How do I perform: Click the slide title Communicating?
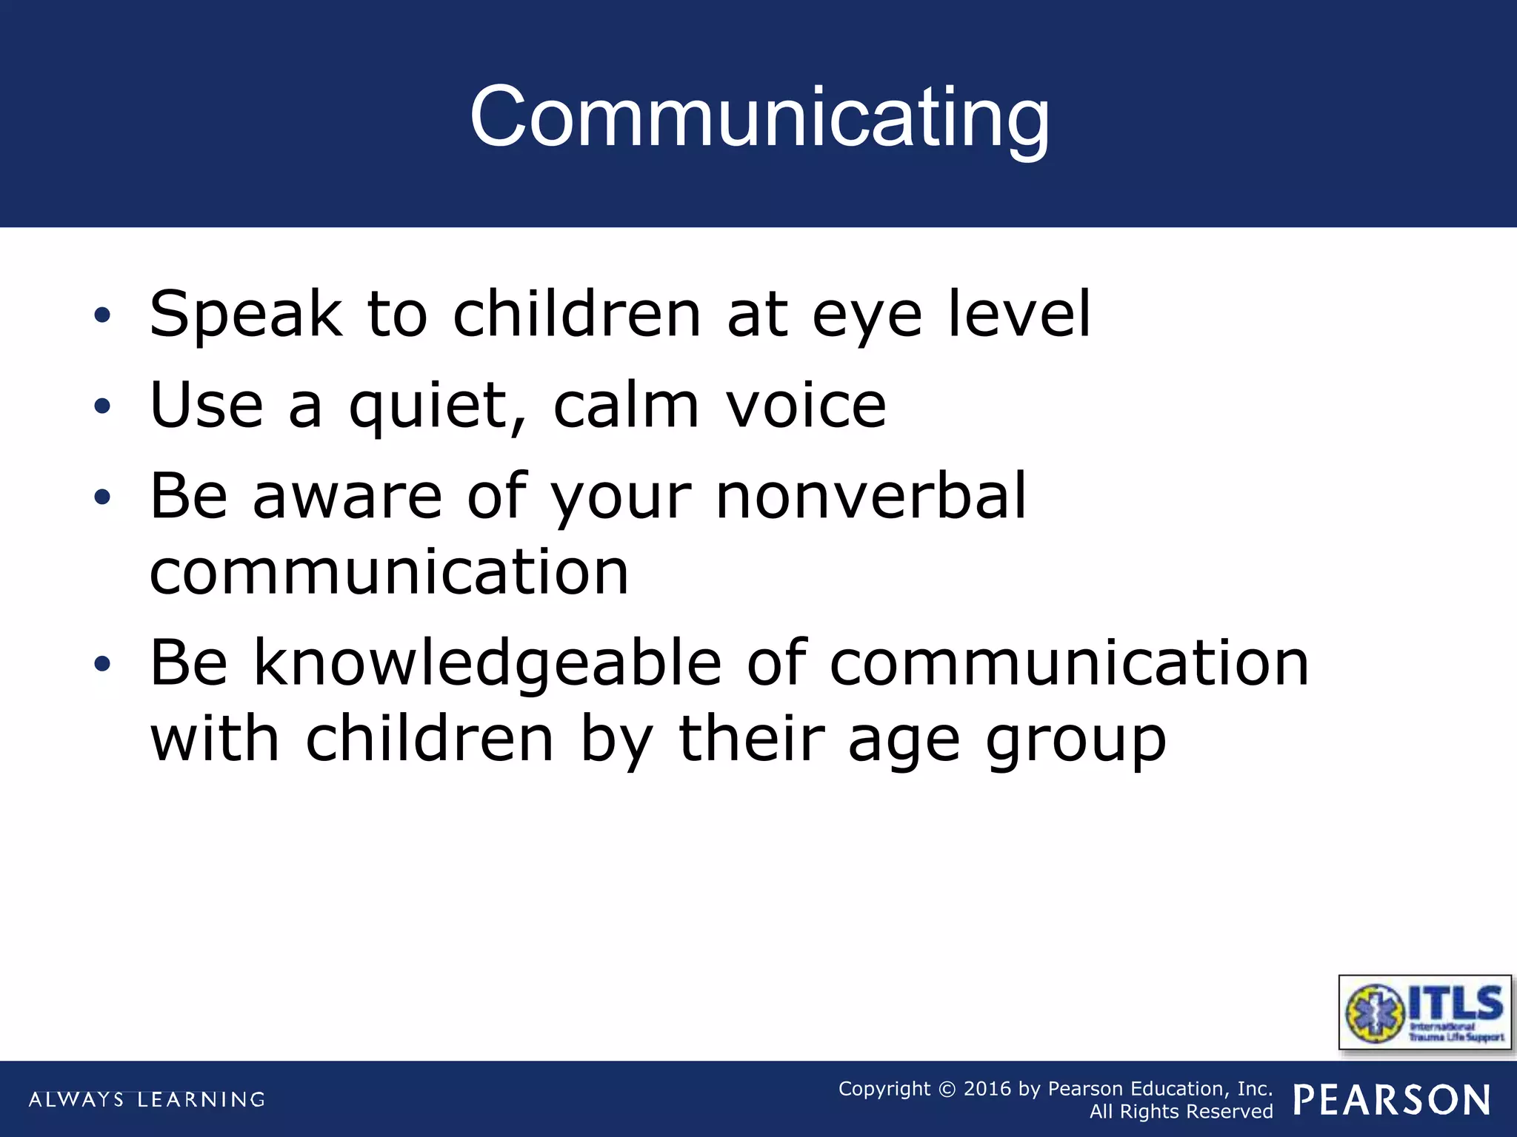pyautogui.click(x=758, y=117)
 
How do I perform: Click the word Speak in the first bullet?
pyautogui.click(x=245, y=315)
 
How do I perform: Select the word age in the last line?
pyautogui.click(x=904, y=742)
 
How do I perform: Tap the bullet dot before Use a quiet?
pyautogui.click(x=102, y=406)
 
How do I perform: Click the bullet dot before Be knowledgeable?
pyautogui.click(x=102, y=664)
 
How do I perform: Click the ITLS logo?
pyautogui.click(x=1424, y=1013)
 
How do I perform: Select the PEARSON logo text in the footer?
pyautogui.click(x=1392, y=1100)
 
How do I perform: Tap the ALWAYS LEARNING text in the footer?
pyautogui.click(x=147, y=1099)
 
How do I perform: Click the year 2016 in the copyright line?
pyautogui.click(x=987, y=1089)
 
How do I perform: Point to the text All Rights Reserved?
pyautogui.click(x=1181, y=1112)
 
